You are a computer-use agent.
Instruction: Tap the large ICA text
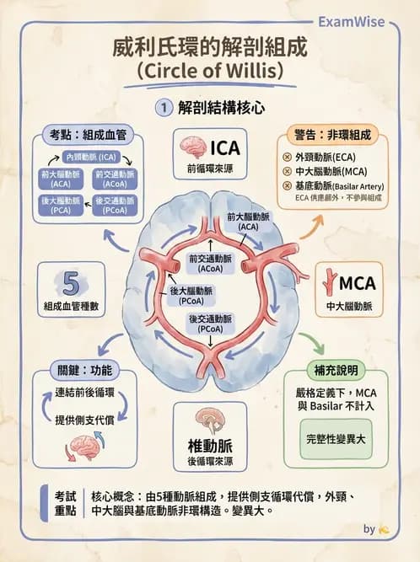click(x=225, y=148)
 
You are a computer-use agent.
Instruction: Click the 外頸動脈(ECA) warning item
click(x=325, y=158)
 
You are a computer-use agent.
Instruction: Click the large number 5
click(x=72, y=283)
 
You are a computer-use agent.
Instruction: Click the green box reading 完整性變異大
click(x=335, y=439)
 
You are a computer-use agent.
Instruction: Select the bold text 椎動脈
click(x=208, y=445)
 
